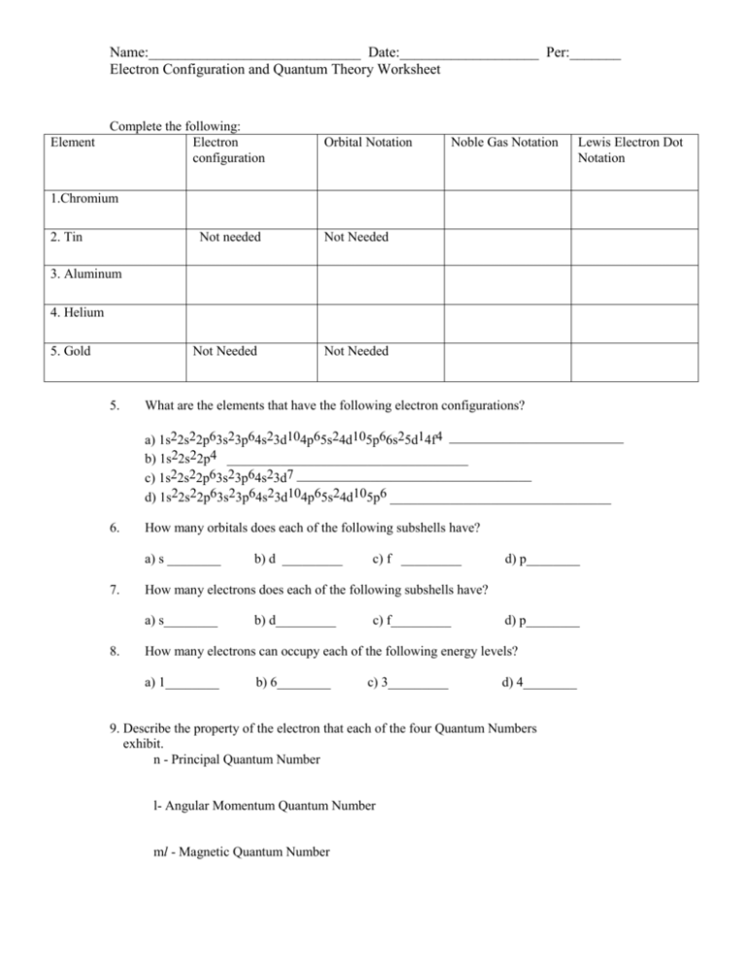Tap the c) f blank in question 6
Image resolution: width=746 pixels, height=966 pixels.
pyautogui.click(x=430, y=562)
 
